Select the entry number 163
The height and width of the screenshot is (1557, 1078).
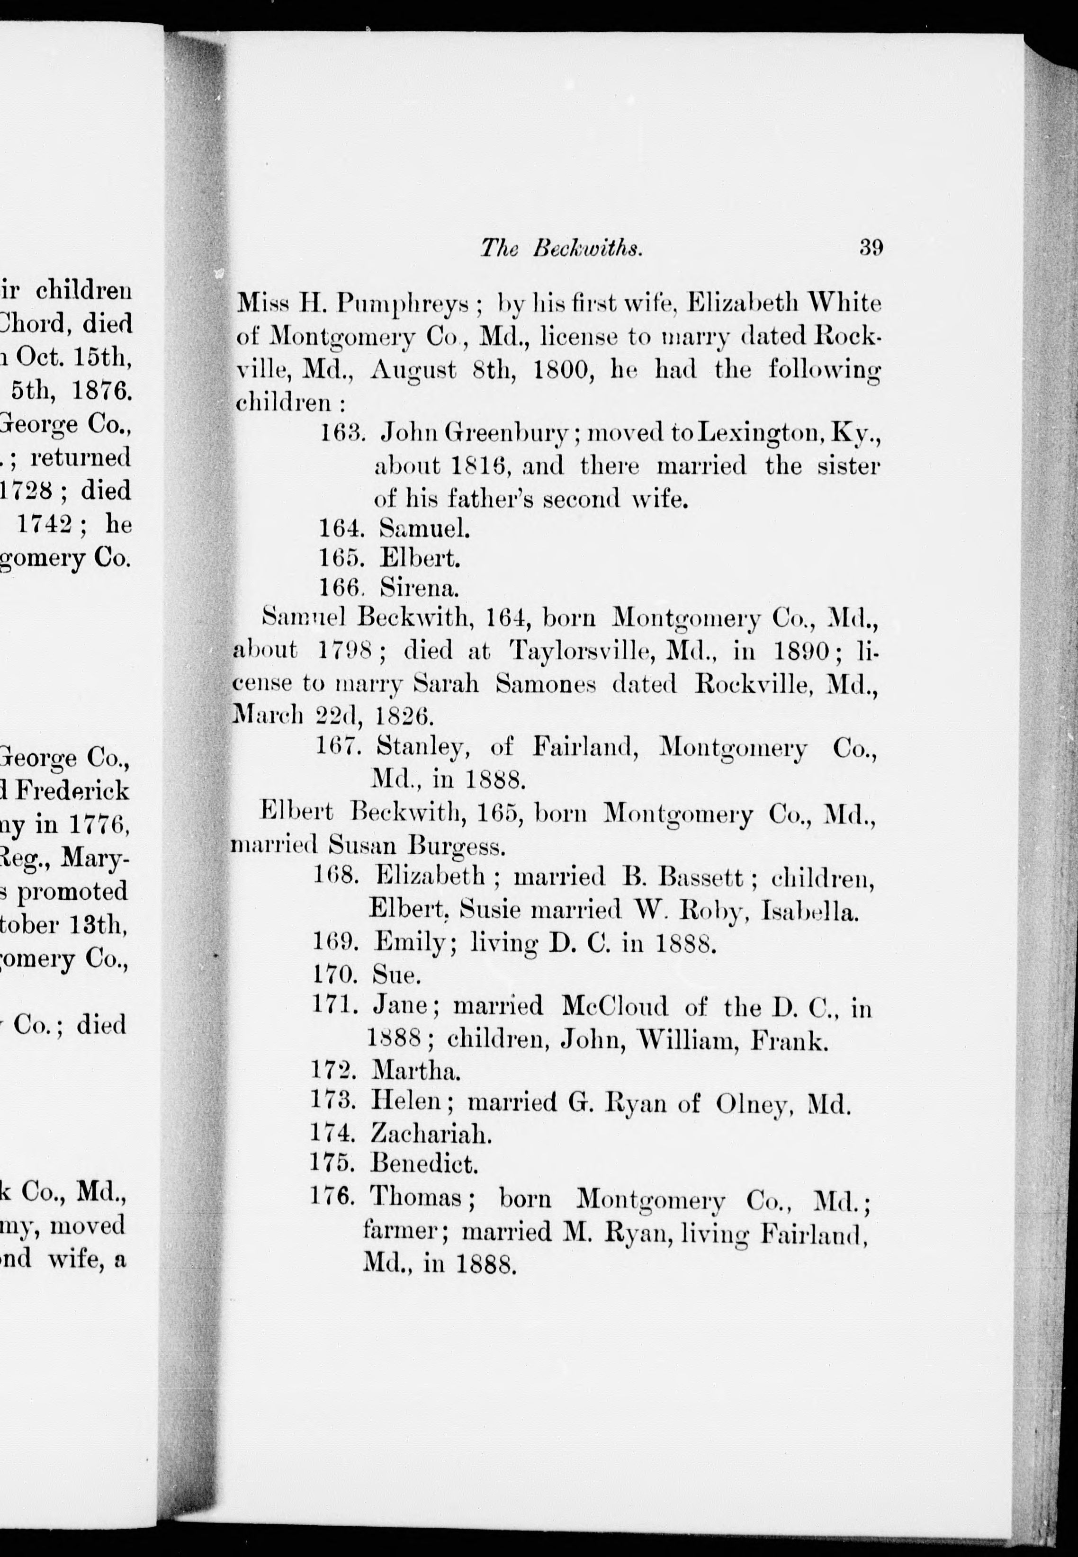(x=342, y=433)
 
